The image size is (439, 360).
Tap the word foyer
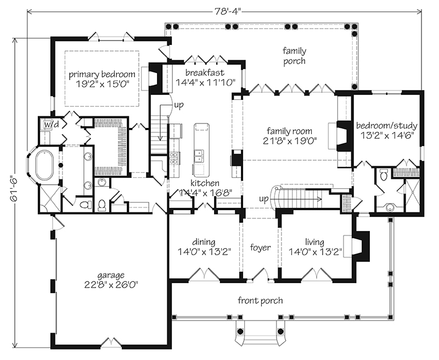pos(260,248)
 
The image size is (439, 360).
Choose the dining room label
pos(204,242)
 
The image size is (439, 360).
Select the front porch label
pos(260,300)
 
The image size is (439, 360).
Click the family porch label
pos(294,55)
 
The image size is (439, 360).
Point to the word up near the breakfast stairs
pos(179,104)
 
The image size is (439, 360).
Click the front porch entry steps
pos(258,331)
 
